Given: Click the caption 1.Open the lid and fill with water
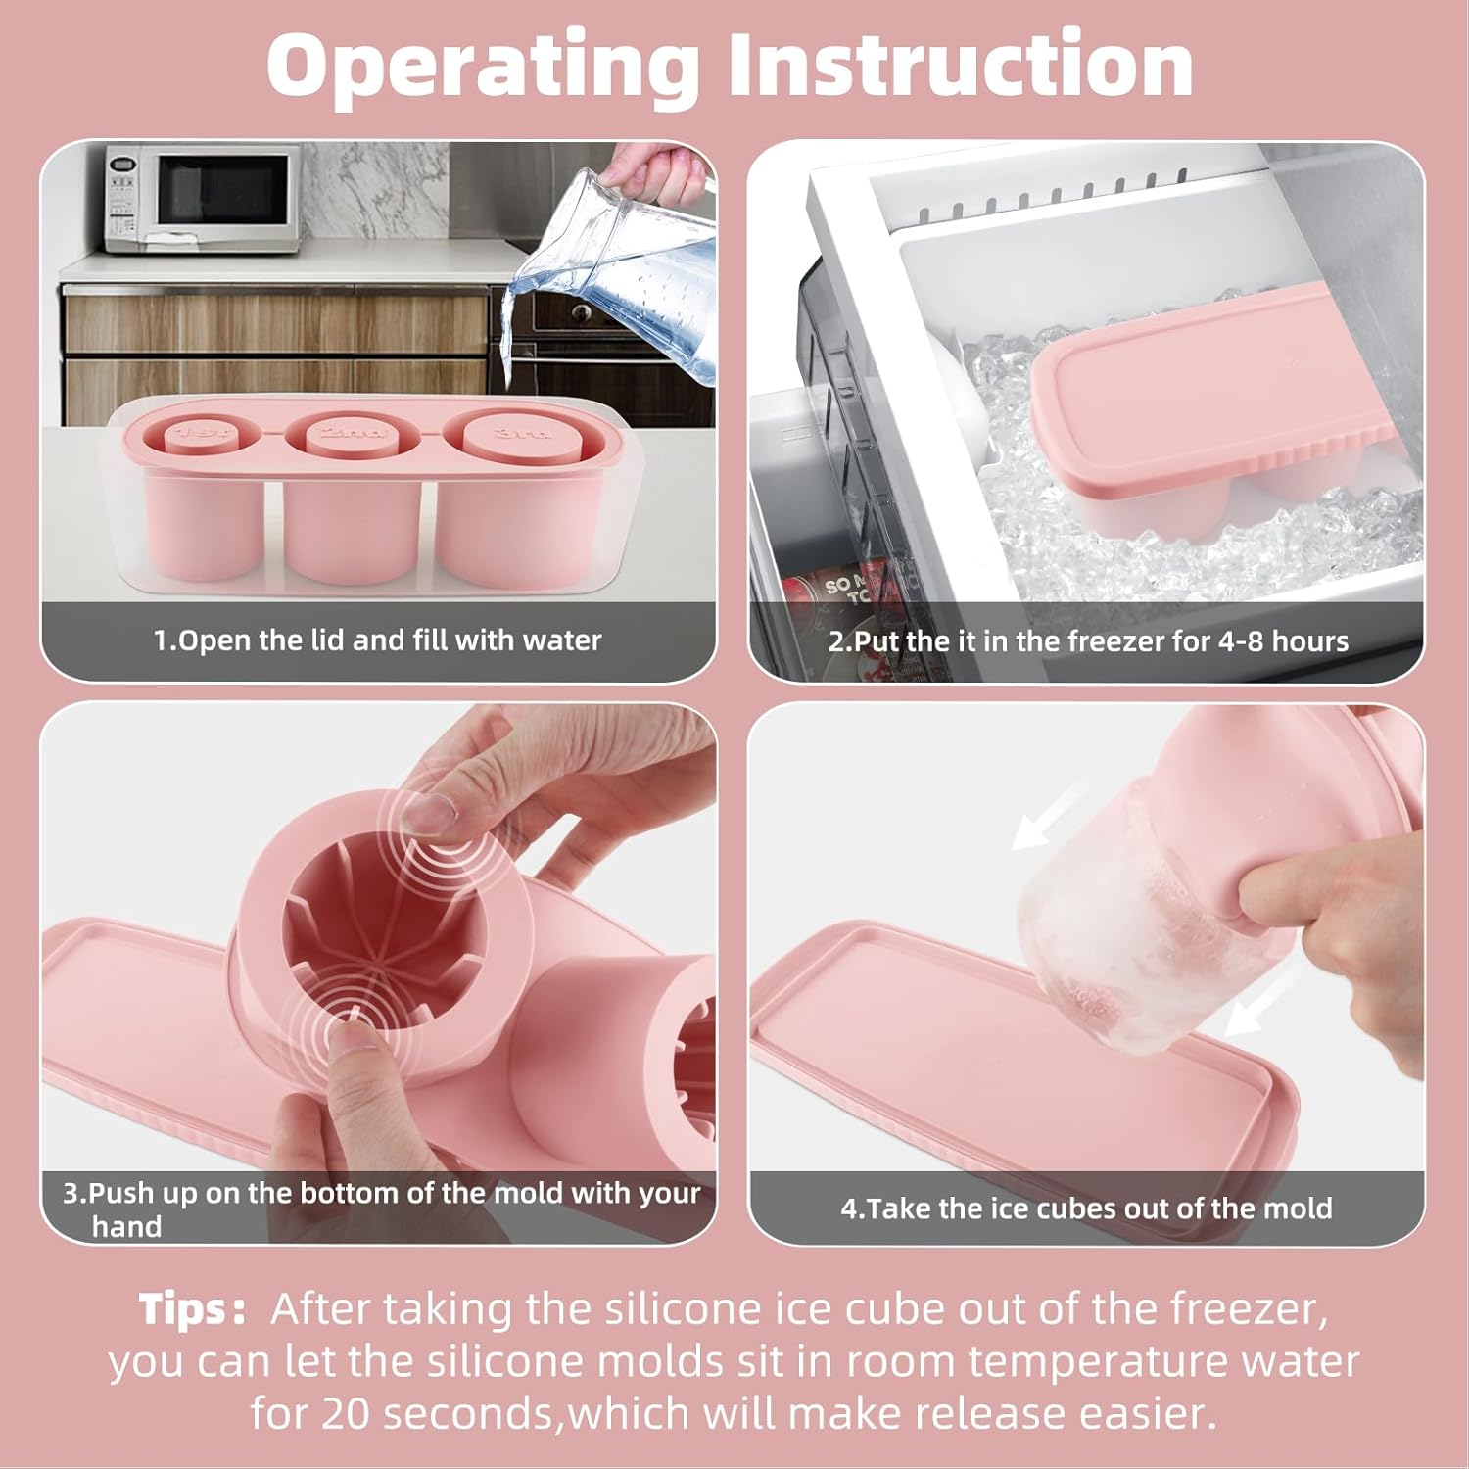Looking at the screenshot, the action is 377,640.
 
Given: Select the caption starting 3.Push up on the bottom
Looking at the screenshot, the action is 382,1209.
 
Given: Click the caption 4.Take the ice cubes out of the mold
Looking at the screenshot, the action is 1086,1208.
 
